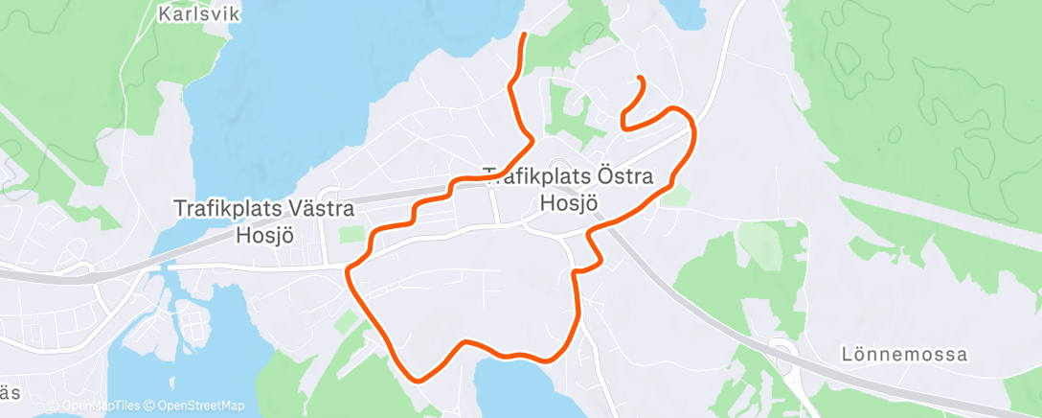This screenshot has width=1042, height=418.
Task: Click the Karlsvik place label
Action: coord(199,14)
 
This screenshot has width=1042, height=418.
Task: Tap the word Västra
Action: coord(321,208)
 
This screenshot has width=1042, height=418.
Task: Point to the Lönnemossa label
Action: coord(904,355)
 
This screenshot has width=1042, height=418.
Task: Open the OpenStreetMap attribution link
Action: coord(200,406)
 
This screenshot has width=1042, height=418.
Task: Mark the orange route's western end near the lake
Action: coord(525,35)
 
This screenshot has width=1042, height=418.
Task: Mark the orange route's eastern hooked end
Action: coord(639,78)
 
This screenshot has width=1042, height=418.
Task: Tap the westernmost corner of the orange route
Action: coord(349,272)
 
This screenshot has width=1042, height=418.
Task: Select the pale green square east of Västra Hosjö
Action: coord(353,235)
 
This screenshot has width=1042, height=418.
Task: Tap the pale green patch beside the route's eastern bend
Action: coord(678,196)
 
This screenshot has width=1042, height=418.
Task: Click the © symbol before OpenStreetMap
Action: coord(149,406)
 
